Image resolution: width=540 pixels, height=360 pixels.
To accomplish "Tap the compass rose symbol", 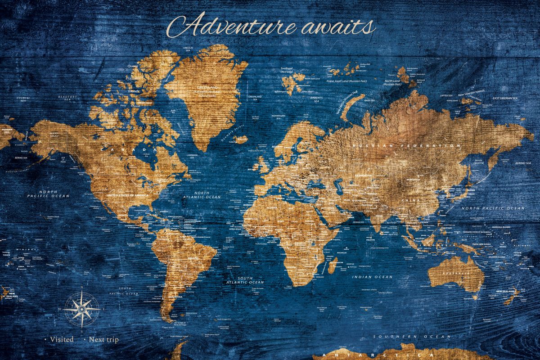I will coord(81,309).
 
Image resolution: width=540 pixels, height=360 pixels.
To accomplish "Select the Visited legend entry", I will coord(61,339).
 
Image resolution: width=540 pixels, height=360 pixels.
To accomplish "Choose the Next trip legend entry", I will coord(103,339).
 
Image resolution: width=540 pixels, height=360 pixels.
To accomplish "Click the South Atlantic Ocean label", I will coord(251,280).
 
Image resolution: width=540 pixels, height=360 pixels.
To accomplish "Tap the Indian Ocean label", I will coord(372,277).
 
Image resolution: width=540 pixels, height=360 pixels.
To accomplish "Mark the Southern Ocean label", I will coord(412,337).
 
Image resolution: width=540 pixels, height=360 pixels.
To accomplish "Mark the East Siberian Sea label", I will coord(505,98).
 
